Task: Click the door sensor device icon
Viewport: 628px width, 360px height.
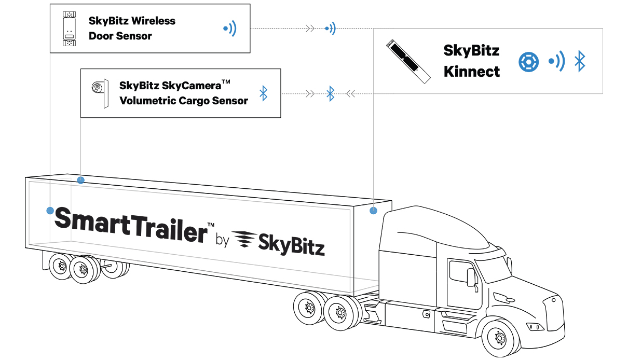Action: [x=69, y=28]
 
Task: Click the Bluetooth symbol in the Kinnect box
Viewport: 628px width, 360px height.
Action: [x=580, y=62]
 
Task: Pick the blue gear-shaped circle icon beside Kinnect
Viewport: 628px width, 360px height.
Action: [x=528, y=62]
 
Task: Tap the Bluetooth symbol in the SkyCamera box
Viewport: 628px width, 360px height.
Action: [x=264, y=93]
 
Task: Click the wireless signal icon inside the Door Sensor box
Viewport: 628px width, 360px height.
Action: [x=229, y=29]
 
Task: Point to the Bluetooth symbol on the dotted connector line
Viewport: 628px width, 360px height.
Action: [x=330, y=93]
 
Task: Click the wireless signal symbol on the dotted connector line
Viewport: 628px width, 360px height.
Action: [x=330, y=29]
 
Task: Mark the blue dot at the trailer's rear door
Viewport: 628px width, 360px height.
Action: [x=50, y=211]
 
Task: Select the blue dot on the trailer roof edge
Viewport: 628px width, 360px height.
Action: [x=80, y=180]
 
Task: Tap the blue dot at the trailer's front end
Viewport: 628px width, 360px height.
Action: [x=373, y=211]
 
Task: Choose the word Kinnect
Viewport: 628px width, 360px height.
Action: [x=471, y=72]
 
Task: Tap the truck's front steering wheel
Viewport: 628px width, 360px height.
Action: [x=499, y=337]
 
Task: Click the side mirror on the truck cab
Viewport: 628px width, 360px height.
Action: [x=471, y=276]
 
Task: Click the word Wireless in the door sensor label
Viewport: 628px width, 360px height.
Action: [x=154, y=21]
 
